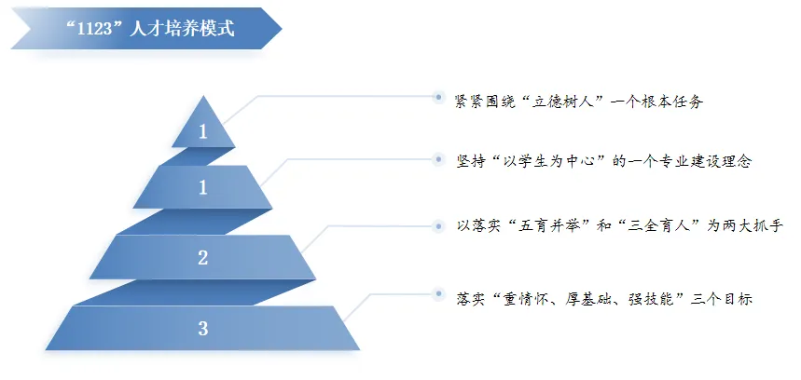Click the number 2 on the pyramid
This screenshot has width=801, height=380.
pos(202,258)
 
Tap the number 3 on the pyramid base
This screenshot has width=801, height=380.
pos(202,328)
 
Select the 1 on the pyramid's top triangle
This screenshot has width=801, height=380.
pos(202,132)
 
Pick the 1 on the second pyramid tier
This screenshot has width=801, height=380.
pos(202,188)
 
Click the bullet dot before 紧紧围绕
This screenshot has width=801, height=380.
pos(437,96)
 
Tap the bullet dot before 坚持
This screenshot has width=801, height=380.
pos(437,159)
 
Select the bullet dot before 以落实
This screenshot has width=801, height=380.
pos(437,224)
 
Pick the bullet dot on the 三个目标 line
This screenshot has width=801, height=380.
pos(437,295)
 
